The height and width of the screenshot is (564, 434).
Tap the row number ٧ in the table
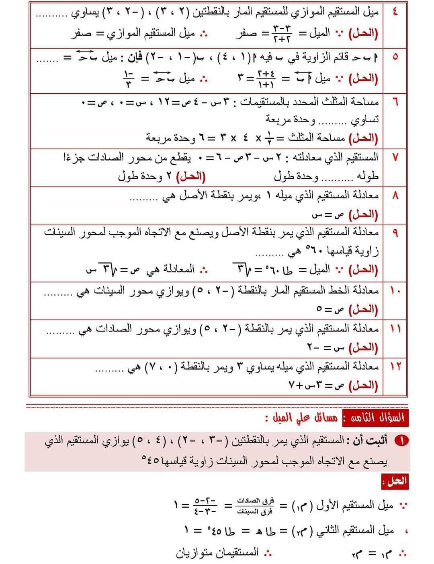pos(395,158)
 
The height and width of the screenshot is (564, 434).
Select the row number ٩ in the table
pos(395,233)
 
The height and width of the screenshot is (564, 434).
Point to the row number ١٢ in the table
pos(395,366)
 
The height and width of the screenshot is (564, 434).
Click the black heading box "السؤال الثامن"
pos(375,418)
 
